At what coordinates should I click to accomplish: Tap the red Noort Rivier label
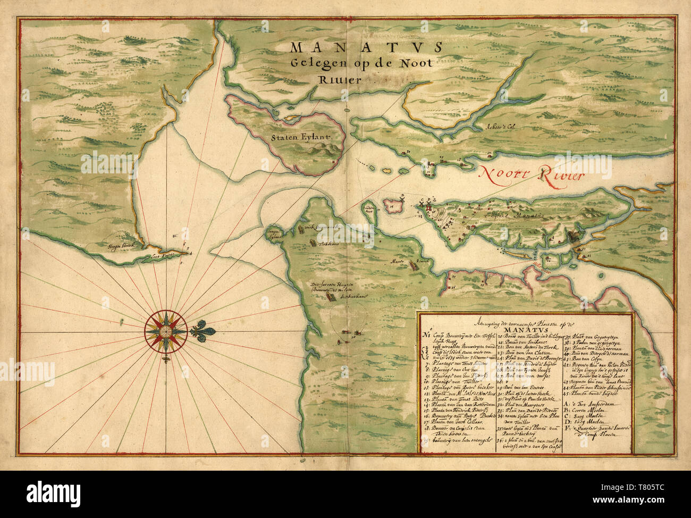[x=532, y=173]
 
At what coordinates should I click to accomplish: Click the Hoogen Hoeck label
[x=122, y=246]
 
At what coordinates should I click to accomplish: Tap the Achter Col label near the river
[x=501, y=127]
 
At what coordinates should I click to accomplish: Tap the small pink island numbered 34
[x=393, y=204]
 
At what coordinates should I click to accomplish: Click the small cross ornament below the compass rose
[x=166, y=360]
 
